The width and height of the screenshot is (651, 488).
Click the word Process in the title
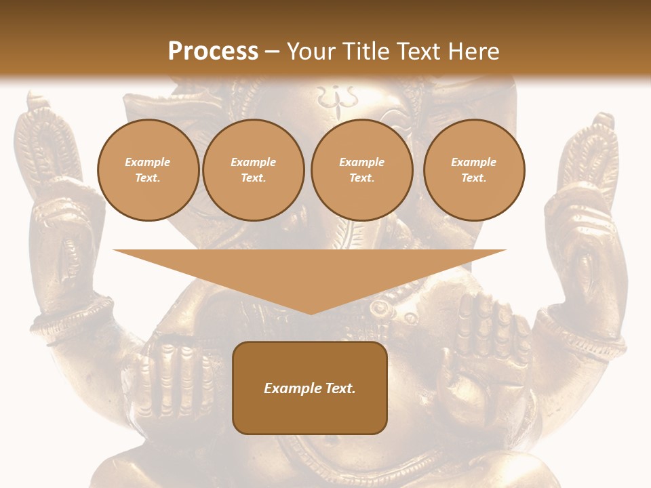coord(213,52)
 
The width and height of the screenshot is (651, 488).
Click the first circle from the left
coord(148,170)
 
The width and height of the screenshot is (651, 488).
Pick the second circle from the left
coord(253,170)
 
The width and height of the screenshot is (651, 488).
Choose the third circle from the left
coord(361,170)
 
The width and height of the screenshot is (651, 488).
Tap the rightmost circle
coord(473,170)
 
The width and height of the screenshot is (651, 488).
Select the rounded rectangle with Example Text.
coord(310,388)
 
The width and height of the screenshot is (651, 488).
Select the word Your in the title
coord(311,52)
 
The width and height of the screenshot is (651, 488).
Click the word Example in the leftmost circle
coord(148,162)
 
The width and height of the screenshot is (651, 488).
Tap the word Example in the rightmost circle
coord(473,162)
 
